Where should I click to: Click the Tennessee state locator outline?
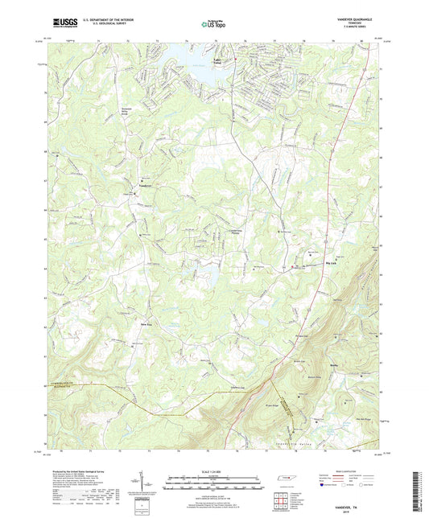pos(285,479)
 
